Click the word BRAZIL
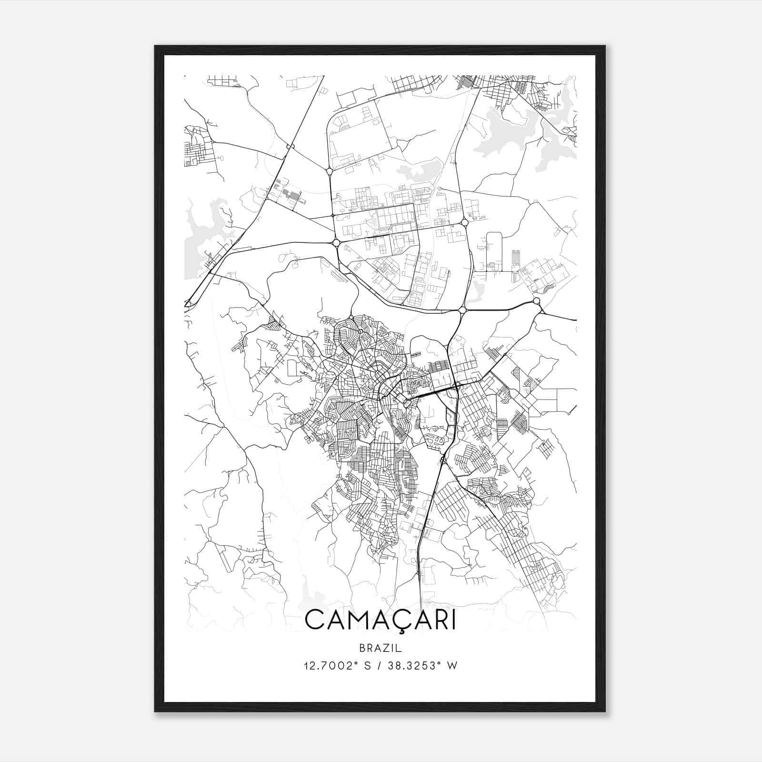380,648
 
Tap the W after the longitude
452,666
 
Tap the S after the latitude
367,666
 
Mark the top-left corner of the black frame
155,46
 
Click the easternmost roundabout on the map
537,301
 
